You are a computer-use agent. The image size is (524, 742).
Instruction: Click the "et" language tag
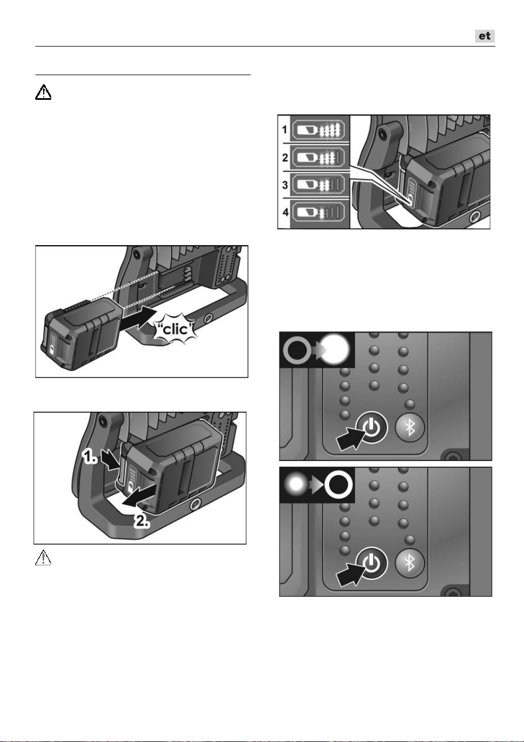tap(485, 36)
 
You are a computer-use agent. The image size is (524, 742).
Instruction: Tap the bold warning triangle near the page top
tap(43, 92)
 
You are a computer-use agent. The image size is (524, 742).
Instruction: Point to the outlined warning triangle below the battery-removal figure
tap(43, 557)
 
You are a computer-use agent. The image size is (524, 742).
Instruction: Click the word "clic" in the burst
tap(175, 329)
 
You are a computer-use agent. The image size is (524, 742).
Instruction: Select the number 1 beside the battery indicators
tap(284, 130)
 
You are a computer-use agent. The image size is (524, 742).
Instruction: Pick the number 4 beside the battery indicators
tap(285, 212)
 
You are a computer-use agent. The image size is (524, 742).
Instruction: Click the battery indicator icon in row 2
tap(318, 158)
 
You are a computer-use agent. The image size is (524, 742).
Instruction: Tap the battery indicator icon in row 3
tap(318, 185)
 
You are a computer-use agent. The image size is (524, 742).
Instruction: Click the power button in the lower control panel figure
tap(371, 563)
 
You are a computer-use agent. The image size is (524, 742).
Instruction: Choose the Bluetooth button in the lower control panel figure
tap(410, 563)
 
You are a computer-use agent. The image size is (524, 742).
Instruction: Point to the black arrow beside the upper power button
tap(351, 437)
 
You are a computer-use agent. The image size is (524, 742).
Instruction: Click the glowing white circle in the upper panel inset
tap(335, 349)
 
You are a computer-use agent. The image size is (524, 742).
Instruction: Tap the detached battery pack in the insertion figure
tap(82, 333)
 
